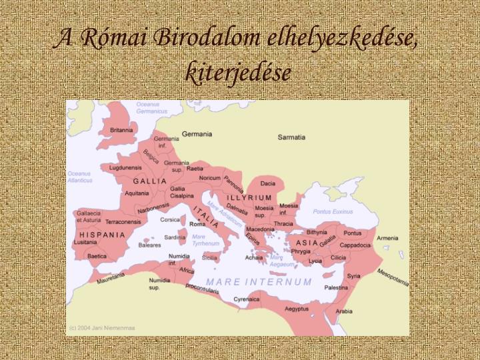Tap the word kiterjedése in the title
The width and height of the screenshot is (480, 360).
point(239,72)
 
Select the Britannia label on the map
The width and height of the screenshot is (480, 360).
point(121,130)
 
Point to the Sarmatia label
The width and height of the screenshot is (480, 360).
point(291,137)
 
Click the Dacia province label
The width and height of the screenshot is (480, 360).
point(267,183)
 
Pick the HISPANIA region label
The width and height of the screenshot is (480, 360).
point(102,235)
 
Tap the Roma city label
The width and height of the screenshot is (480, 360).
point(197,225)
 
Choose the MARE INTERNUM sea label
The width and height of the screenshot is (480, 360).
point(259,282)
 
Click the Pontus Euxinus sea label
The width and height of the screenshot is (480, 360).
point(333,211)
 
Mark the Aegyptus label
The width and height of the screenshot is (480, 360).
point(297,309)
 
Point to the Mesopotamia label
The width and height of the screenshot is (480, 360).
point(393,276)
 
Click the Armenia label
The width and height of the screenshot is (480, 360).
point(387,238)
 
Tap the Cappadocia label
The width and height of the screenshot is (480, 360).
point(374,245)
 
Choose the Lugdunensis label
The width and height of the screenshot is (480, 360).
point(125,168)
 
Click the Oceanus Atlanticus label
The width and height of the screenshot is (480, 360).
point(79,177)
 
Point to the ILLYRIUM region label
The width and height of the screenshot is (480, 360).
point(249,198)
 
